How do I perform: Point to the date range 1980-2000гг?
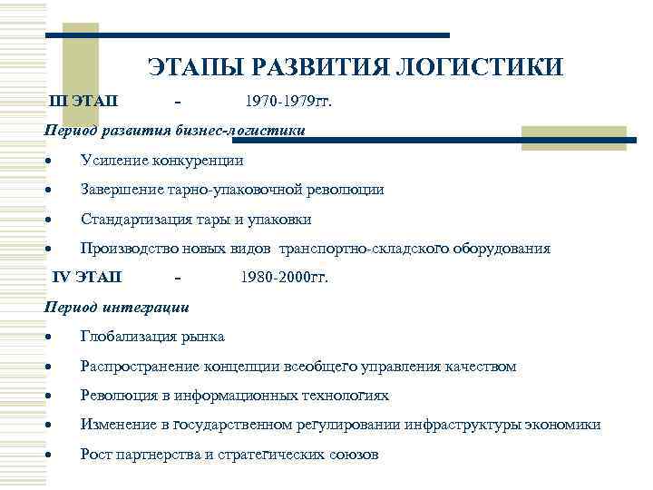tap(285, 277)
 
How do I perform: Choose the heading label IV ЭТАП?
tap(86, 277)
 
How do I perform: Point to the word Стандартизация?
tap(132, 220)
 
